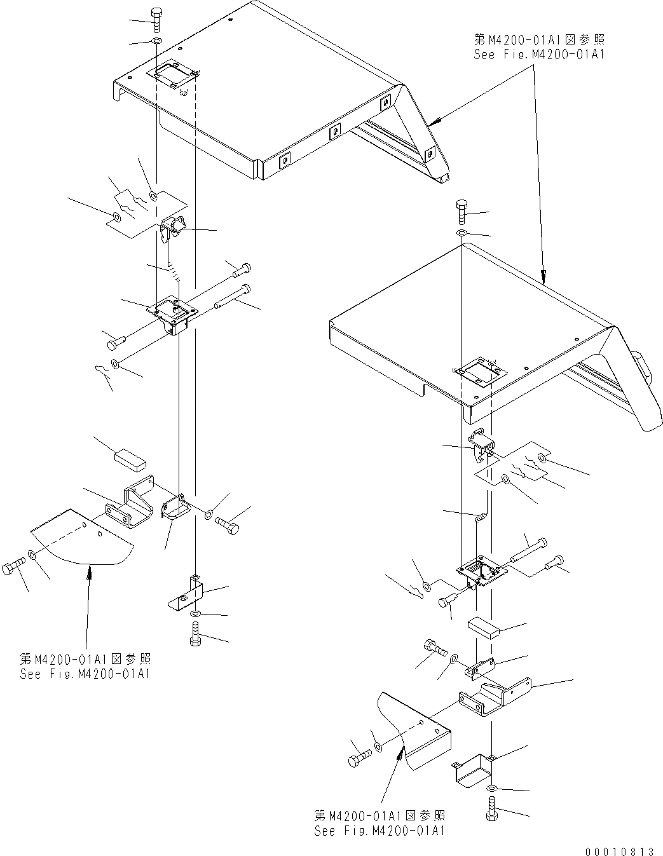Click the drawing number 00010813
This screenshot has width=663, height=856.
tap(617, 850)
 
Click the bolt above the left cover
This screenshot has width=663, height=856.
tap(156, 19)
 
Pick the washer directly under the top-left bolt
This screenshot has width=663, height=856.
tap(156, 42)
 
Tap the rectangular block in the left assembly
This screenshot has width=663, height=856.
tap(130, 458)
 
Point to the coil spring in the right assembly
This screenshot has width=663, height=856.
tap(482, 517)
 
